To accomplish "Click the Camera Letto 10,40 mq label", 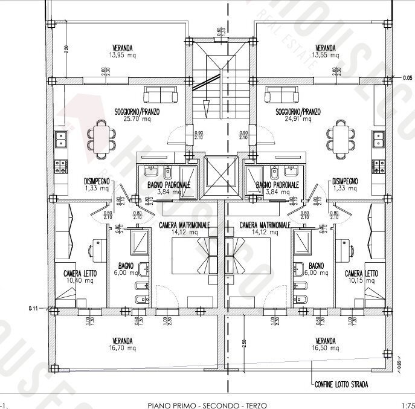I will click(80, 277).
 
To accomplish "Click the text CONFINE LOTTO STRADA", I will click(341, 384).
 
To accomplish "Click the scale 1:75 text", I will click(407, 404).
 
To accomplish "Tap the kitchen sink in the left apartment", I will click(61, 140).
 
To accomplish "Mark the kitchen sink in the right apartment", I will click(378, 140).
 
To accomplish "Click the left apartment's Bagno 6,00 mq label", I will click(127, 269).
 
